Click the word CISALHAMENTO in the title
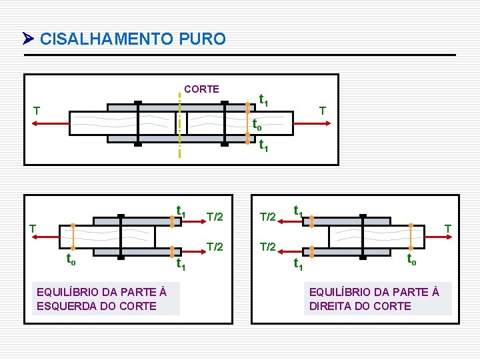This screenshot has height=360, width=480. coord(107,39)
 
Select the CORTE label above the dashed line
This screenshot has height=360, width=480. coord(201,89)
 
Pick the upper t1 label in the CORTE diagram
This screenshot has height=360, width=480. coord(264,101)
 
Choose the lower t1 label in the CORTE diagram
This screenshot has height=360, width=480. coord(264,145)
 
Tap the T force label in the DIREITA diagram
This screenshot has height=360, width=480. coord(448,229)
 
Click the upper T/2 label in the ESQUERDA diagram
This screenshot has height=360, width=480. coord(215,215)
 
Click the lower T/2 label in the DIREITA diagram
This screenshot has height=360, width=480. coord(267,247)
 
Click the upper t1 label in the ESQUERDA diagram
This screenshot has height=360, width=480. coord(181,211)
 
